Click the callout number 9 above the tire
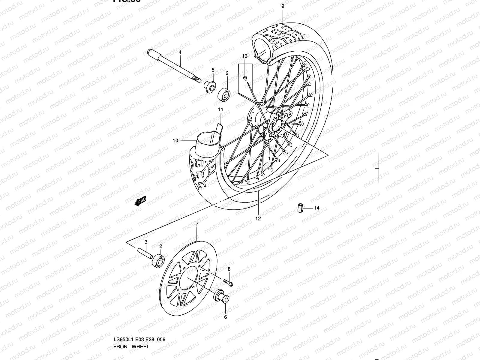pos(283,6)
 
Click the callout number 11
pos(220,109)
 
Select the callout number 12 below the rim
pos(258,218)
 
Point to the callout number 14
pos(317,208)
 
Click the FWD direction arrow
pos(140,201)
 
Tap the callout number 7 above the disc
pos(197,223)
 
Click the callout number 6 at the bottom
pos(225,317)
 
